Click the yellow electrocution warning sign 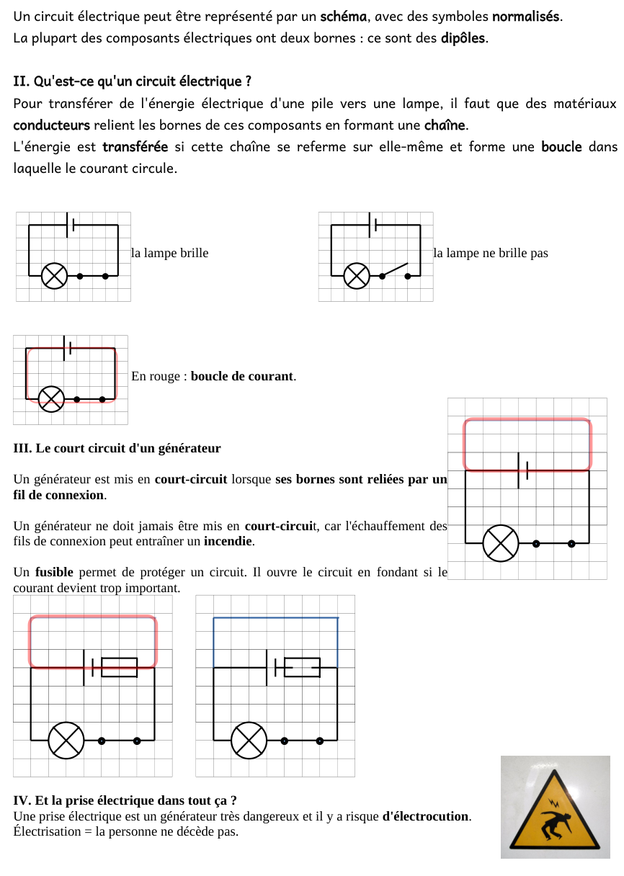pyautogui.click(x=555, y=808)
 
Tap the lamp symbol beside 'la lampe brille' pyautogui.click(x=54, y=276)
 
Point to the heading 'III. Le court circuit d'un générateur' pyautogui.click(x=117, y=448)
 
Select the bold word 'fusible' pyautogui.click(x=54, y=572)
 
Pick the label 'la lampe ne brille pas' pyautogui.click(x=490, y=253)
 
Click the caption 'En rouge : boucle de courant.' pyautogui.click(x=213, y=376)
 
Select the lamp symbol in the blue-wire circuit pyautogui.click(x=249, y=741)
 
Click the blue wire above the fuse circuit pyautogui.click(x=275, y=618)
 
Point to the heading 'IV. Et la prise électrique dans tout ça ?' pyautogui.click(x=125, y=800)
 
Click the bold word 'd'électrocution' pyautogui.click(x=426, y=816)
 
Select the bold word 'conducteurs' pyautogui.click(x=51, y=125)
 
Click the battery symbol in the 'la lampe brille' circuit pyautogui.click(x=71, y=224)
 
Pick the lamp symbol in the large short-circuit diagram pyautogui.click(x=500, y=542)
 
